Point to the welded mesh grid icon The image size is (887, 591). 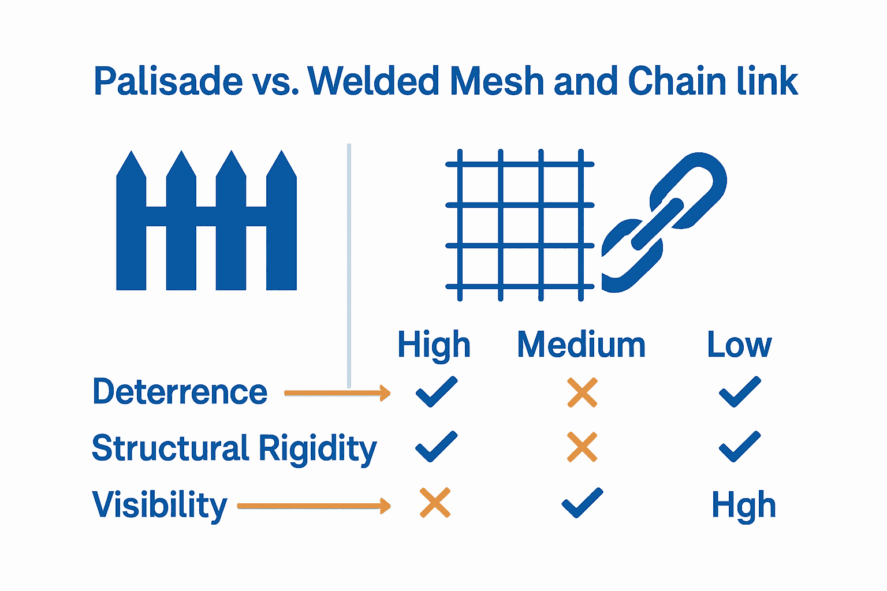(520, 225)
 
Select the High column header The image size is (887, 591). (434, 345)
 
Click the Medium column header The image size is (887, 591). (581, 345)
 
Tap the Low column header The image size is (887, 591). (739, 345)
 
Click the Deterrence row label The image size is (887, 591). (180, 392)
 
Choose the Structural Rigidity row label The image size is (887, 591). (234, 448)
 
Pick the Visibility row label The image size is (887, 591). (159, 505)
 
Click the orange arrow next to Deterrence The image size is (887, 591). (337, 394)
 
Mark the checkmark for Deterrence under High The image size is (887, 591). (436, 392)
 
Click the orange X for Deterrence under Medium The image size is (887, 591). (582, 392)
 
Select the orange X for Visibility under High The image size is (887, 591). (435, 503)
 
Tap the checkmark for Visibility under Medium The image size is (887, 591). (582, 503)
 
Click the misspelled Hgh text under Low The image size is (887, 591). (743, 506)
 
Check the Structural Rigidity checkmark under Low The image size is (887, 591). (739, 447)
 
